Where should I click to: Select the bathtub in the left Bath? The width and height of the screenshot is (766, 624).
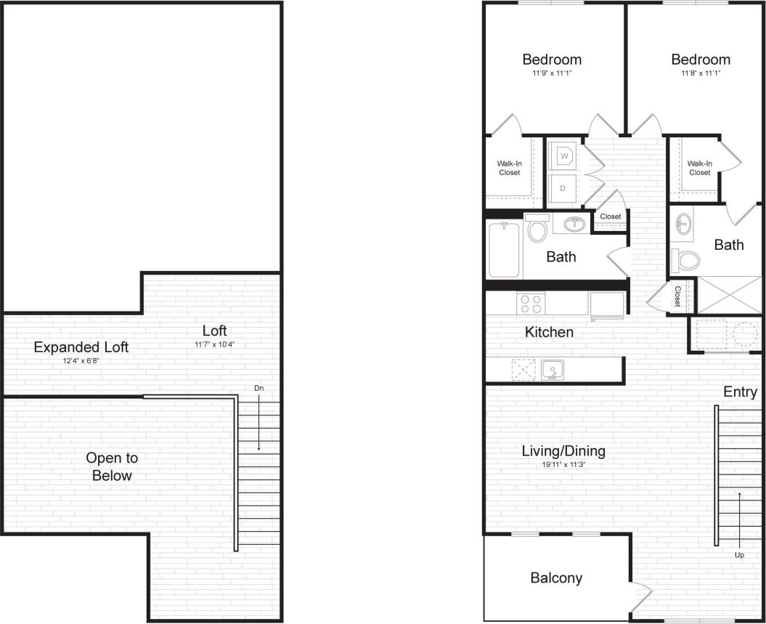[505, 250]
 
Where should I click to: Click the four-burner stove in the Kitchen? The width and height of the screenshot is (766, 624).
[530, 302]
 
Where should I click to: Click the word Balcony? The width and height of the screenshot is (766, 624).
[556, 578]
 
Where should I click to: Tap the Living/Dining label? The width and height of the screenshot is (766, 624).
[563, 451]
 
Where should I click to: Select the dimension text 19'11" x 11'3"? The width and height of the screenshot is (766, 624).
[563, 465]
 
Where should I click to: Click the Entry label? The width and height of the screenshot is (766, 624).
[740, 392]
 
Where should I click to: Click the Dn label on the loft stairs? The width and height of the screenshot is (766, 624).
[258, 388]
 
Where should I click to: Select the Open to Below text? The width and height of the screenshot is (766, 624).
[112, 466]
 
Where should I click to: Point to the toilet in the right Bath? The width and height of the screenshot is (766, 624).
[686, 259]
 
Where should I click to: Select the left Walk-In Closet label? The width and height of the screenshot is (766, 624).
[509, 168]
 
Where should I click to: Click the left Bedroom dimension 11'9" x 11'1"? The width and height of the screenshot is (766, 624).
[552, 73]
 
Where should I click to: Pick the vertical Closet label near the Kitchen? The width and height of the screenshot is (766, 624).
[677, 296]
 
